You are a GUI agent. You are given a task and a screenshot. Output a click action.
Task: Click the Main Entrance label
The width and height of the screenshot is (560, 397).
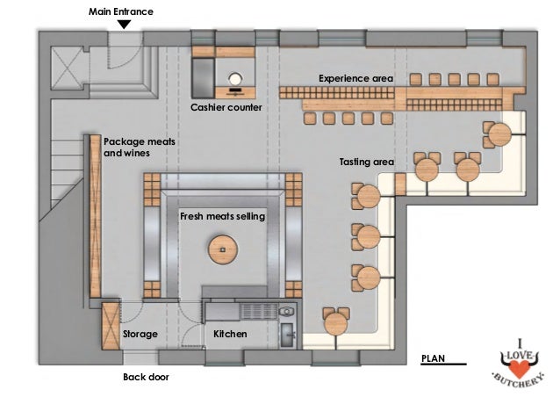[121, 11]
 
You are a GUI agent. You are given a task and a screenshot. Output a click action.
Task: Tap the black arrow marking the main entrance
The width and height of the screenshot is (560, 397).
[124, 25]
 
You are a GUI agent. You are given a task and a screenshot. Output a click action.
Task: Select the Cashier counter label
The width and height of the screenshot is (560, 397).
[226, 107]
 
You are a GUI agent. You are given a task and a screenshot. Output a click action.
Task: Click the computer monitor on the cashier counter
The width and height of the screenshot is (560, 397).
[234, 78]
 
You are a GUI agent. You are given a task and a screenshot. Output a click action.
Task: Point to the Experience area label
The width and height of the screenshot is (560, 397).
[355, 78]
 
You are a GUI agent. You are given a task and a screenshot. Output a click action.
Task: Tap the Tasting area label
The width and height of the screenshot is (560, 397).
[367, 162]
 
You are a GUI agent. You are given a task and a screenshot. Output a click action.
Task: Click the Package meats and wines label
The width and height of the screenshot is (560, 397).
[126, 146]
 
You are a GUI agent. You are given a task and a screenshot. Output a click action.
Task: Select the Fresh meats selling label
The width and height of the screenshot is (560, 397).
[222, 215]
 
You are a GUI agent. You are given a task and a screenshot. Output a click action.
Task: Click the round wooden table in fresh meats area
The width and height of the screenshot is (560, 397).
[224, 250]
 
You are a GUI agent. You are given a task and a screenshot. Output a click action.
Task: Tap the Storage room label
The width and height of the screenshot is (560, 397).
[140, 335]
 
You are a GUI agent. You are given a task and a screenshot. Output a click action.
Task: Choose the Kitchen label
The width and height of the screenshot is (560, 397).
[230, 335]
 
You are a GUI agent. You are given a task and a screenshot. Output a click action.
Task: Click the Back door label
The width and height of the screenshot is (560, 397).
[145, 377]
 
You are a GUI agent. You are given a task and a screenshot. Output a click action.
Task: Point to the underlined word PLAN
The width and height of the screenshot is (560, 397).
[434, 359]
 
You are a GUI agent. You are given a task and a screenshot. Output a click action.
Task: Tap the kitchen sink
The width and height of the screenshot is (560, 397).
[287, 333]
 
